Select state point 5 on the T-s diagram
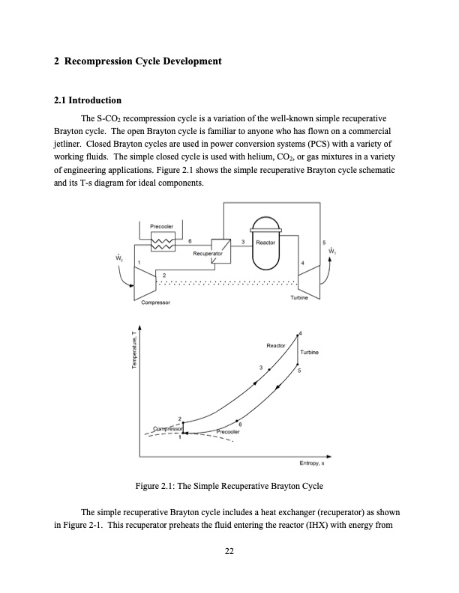(298, 369)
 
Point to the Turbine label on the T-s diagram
(310, 352)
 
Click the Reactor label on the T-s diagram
(275, 345)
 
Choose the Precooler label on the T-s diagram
(227, 432)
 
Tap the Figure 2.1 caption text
(229, 486)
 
